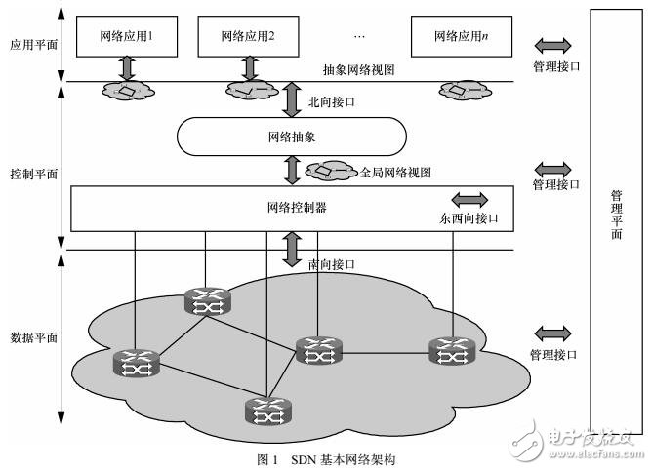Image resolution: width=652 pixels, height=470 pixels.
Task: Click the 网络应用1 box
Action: pyautogui.click(x=127, y=37)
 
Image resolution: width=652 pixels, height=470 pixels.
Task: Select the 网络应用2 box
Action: pyautogui.click(x=247, y=37)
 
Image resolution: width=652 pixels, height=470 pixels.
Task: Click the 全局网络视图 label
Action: pyautogui.click(x=396, y=172)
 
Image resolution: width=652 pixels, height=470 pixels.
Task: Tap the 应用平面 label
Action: pyautogui.click(x=31, y=44)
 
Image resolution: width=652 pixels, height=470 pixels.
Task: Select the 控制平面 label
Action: pyautogui.click(x=32, y=173)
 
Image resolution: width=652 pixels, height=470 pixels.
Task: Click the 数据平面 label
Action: pyautogui.click(x=32, y=337)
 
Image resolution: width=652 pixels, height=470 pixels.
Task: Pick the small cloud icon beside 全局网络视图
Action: pyautogui.click(x=332, y=172)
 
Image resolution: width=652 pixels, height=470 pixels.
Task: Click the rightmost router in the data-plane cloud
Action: pyautogui.click(x=450, y=350)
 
